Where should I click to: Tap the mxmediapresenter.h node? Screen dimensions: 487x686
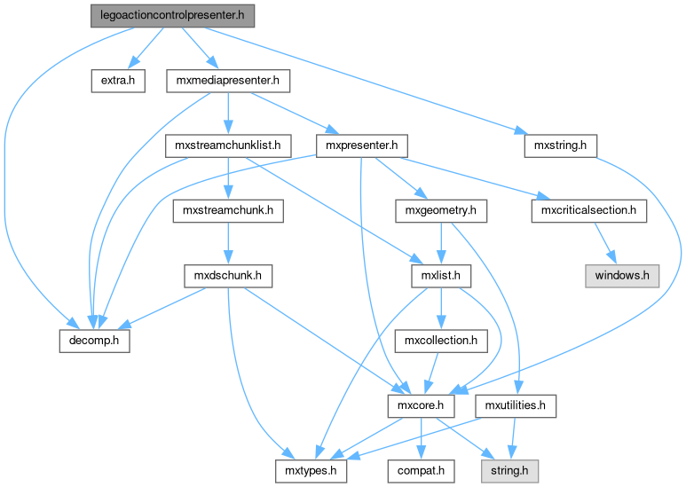coord(229,81)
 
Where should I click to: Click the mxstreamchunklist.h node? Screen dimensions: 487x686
coord(228,145)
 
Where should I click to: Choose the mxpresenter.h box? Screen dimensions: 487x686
coord(362,145)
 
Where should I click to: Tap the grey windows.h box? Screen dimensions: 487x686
coord(623,276)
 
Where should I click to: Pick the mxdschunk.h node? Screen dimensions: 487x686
coord(228,276)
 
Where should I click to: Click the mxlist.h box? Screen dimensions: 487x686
coord(441,276)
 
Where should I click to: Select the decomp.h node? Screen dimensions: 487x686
coord(95,341)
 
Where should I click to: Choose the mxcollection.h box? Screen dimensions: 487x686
coord(441,341)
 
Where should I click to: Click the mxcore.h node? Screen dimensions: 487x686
coord(422,406)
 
